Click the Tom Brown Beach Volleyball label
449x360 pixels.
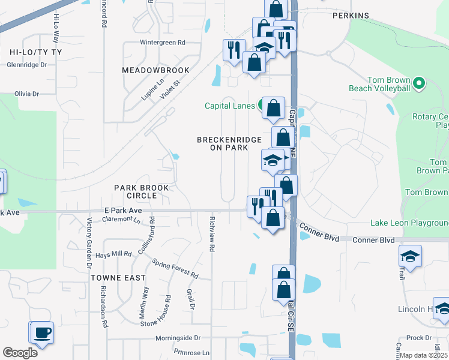point(380,84)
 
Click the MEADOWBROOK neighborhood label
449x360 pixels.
point(155,70)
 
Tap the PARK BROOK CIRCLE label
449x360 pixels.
point(142,191)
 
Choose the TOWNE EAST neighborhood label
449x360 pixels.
point(118,278)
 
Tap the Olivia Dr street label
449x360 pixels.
point(26,94)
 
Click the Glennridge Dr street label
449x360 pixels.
point(26,65)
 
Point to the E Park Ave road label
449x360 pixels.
point(122,211)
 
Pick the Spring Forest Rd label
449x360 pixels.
point(175,269)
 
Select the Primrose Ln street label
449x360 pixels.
point(191,353)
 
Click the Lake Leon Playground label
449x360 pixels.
point(409,223)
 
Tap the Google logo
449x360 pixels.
point(20,353)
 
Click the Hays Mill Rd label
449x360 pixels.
point(117,254)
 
